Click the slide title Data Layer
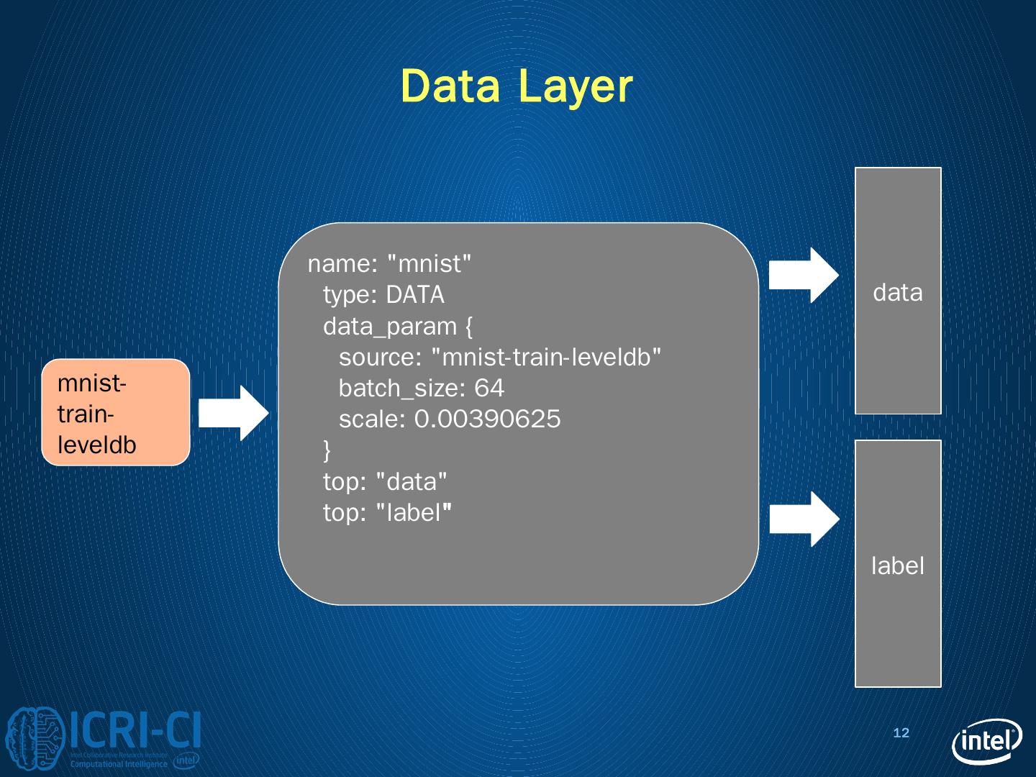(x=517, y=86)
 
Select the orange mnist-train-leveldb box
(x=116, y=412)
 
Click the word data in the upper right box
(x=897, y=293)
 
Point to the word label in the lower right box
(x=897, y=566)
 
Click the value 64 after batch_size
(x=489, y=388)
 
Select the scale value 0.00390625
(x=487, y=419)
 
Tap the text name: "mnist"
(x=389, y=264)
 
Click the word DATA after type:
(x=415, y=295)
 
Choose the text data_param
(x=390, y=327)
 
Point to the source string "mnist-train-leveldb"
(x=545, y=358)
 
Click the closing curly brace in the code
(x=327, y=450)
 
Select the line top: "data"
(x=385, y=481)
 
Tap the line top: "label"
(x=387, y=513)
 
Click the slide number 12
(x=901, y=733)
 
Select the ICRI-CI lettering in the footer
(x=135, y=732)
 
